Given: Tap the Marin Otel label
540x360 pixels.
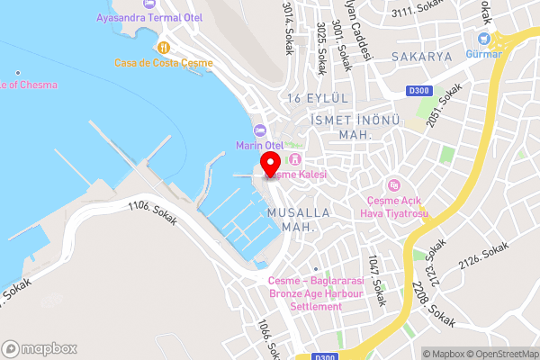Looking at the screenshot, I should pos(259,145).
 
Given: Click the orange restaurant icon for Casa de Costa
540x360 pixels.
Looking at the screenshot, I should pos(163,47).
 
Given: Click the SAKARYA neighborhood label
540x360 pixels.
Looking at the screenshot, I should pos(421,56).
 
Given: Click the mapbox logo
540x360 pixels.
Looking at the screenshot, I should pos(40,347).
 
